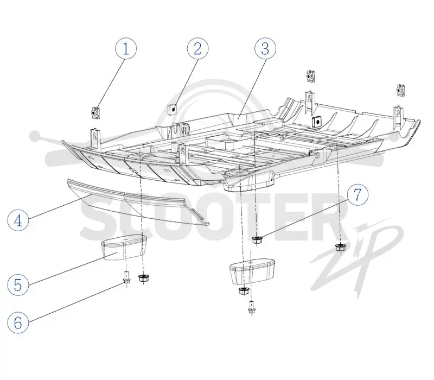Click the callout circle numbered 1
[x=126, y=49]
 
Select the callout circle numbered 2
[x=197, y=48]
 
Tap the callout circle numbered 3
[x=265, y=48]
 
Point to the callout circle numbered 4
[x=18, y=220]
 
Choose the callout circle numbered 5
[x=18, y=284]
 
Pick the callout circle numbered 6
[x=18, y=322]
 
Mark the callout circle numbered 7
[x=358, y=195]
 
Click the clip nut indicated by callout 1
[x=95, y=112]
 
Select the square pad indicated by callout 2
[x=173, y=110]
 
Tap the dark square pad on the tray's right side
[x=316, y=121]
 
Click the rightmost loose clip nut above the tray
[x=400, y=90]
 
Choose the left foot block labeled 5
[x=124, y=247]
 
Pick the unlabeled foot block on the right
[x=252, y=271]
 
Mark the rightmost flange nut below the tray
[x=340, y=247]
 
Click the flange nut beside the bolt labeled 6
[x=143, y=278]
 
